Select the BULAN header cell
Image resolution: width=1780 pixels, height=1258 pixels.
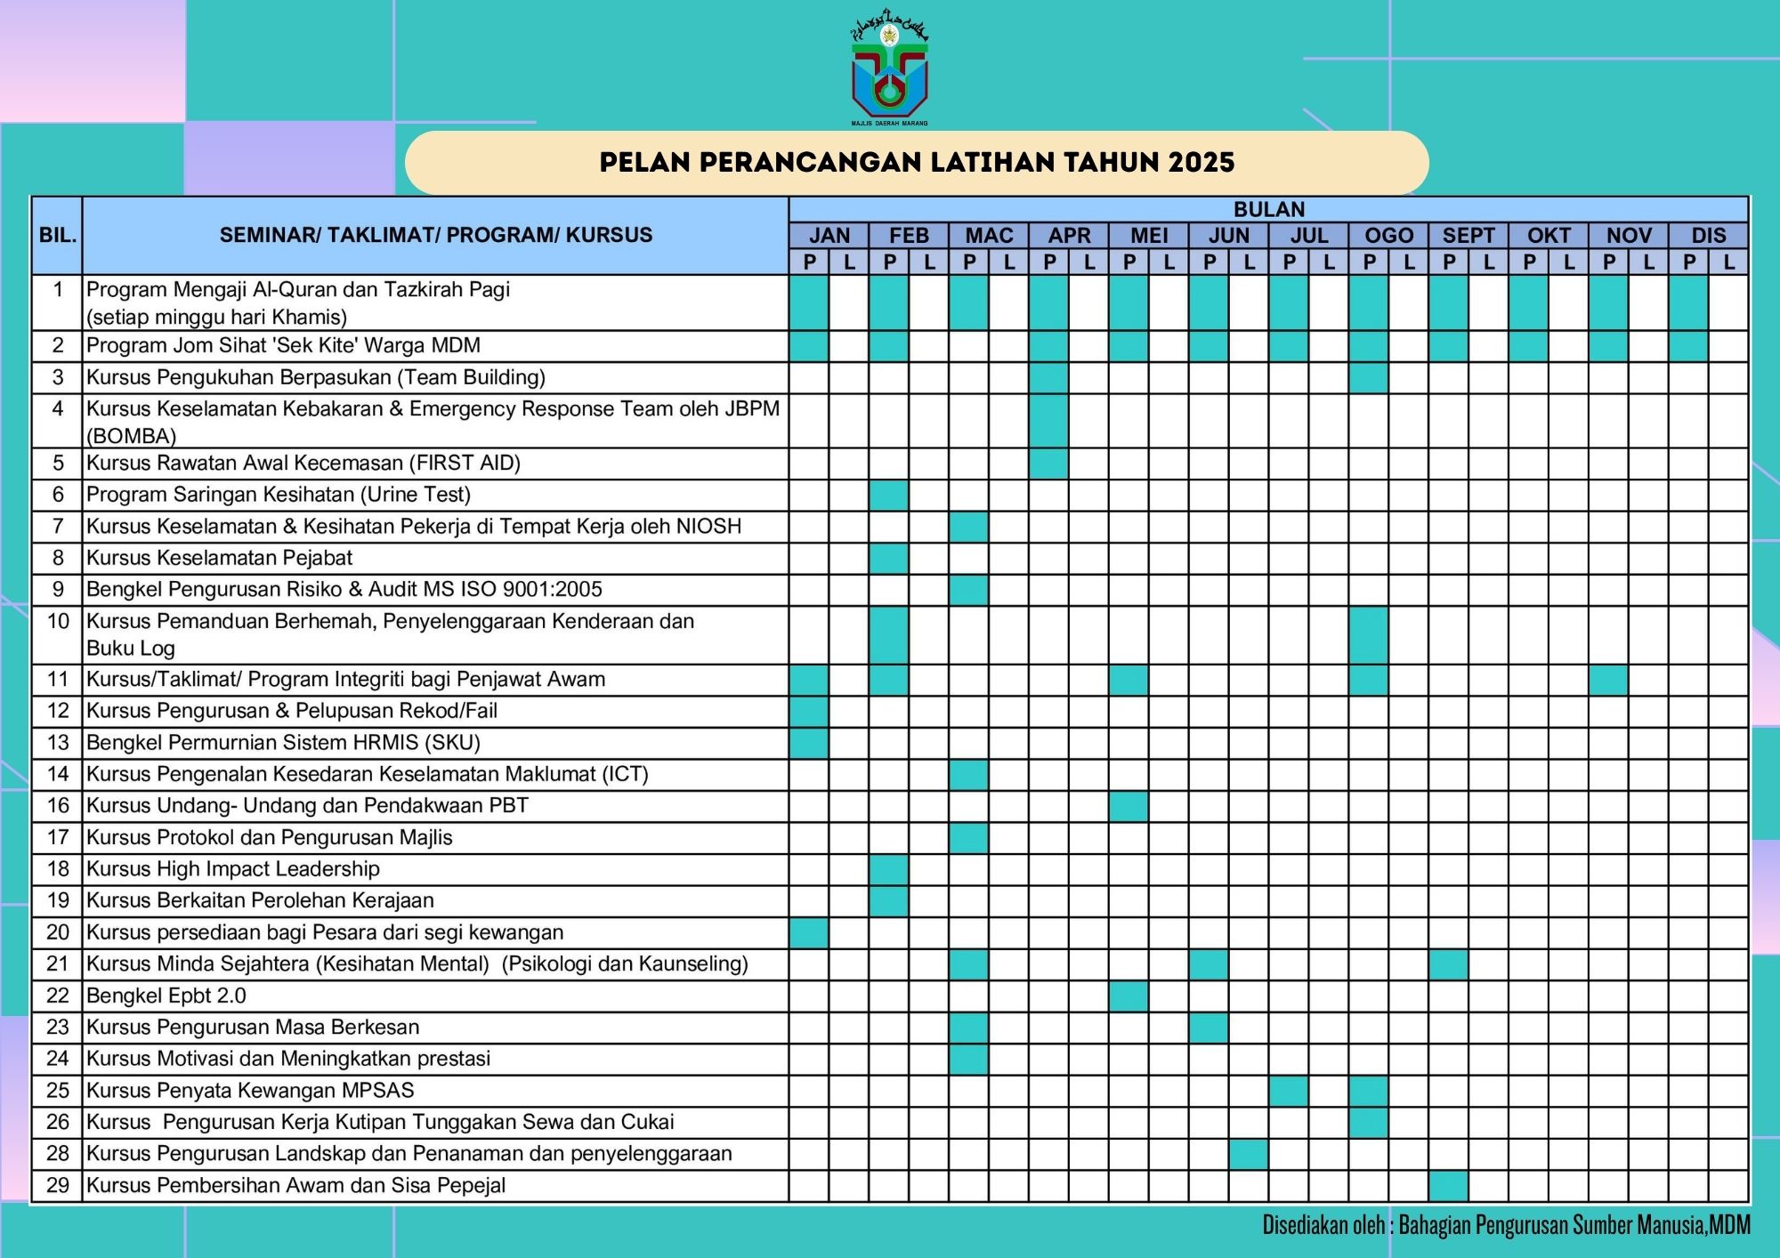1268,210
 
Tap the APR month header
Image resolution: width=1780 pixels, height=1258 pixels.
1069,236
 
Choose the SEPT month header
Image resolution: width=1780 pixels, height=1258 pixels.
1468,236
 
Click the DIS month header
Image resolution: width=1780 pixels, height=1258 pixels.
1708,236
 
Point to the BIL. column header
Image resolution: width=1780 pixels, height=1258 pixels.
58,236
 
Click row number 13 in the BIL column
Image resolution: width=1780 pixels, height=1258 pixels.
58,743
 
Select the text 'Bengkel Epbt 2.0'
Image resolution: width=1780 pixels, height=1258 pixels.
166,996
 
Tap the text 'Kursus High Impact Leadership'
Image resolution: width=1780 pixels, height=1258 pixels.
233,869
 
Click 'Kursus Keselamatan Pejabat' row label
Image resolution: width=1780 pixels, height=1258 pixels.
219,559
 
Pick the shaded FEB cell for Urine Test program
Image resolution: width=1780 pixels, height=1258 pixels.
889,496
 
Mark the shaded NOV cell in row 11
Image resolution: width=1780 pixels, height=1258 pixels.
1608,680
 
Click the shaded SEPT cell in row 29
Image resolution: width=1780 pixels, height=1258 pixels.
1449,1186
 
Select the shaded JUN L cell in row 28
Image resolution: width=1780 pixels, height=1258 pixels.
1249,1155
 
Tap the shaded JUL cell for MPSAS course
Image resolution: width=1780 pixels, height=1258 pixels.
1289,1092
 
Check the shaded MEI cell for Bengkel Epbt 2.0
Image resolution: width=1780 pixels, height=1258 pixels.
1129,996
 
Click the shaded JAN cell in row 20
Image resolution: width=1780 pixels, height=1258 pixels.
809,933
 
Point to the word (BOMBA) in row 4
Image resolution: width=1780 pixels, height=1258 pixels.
132,436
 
